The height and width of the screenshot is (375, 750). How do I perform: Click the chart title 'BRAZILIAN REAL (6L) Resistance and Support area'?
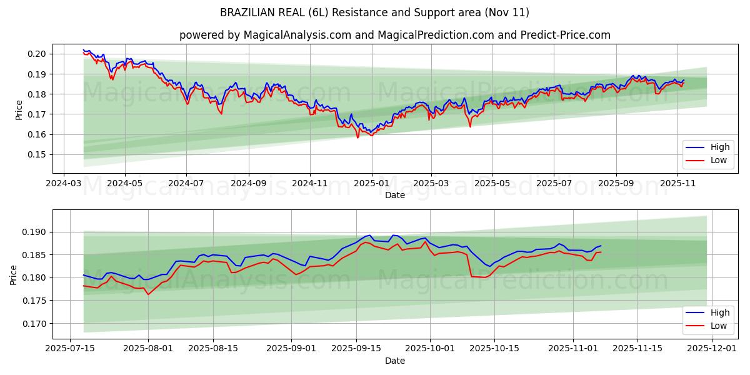374,12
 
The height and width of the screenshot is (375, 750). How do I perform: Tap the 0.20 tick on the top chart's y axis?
37,54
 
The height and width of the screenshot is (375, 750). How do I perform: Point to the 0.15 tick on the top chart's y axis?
37,154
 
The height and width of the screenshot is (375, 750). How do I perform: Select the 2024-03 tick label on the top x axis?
64,184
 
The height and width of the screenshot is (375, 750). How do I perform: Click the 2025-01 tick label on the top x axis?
372,184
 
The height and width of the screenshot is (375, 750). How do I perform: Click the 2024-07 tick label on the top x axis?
186,184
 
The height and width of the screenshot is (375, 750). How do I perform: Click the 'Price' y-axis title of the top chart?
19,110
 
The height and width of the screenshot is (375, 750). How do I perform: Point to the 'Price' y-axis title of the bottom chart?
14,275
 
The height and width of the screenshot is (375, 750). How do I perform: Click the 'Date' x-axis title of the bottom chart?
394,361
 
